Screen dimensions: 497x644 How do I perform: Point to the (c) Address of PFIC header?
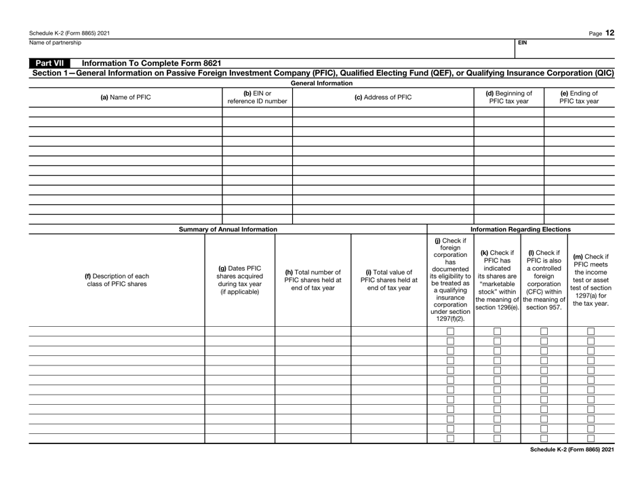pyautogui.click(x=382, y=96)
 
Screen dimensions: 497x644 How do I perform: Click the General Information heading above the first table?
pyautogui.click(x=321, y=83)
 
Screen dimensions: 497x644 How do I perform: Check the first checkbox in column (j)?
pyautogui.click(x=450, y=331)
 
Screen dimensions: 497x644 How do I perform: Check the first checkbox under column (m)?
pyautogui.click(x=590, y=331)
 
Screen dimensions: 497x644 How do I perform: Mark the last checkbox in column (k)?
pyautogui.click(x=497, y=438)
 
